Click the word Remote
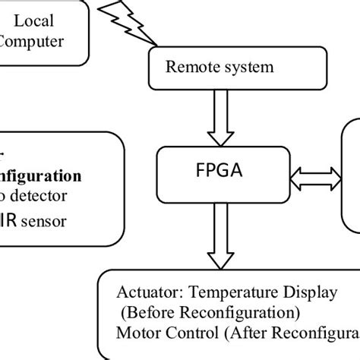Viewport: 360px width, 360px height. pyautogui.click(x=188, y=66)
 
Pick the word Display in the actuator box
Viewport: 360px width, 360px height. pyautogui.click(x=303, y=292)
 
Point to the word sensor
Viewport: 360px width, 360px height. pyautogui.click(x=46, y=221)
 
